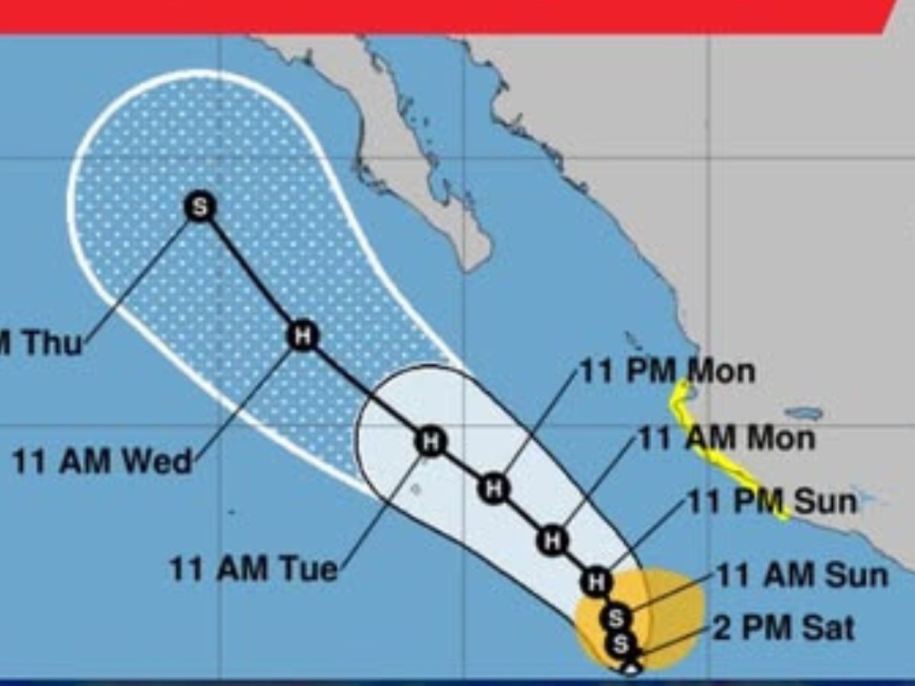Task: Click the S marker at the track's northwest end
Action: coord(200,207)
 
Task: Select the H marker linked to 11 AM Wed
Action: coord(303,335)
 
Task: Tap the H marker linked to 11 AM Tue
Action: coord(431,441)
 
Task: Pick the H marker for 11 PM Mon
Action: coord(494,488)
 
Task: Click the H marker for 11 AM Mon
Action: coord(552,540)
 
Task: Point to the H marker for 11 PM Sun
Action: coord(596,582)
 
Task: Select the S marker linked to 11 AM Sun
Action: coord(616,617)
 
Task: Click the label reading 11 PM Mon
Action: coord(667,371)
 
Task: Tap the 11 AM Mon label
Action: coord(726,438)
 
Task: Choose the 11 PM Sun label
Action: coord(772,502)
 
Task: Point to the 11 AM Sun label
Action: coord(802,575)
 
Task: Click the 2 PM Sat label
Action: coord(784,629)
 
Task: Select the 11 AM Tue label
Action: coord(253,569)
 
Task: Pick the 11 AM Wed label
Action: coord(102,462)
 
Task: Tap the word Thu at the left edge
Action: coord(50,343)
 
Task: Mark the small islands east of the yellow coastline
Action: coord(804,414)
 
